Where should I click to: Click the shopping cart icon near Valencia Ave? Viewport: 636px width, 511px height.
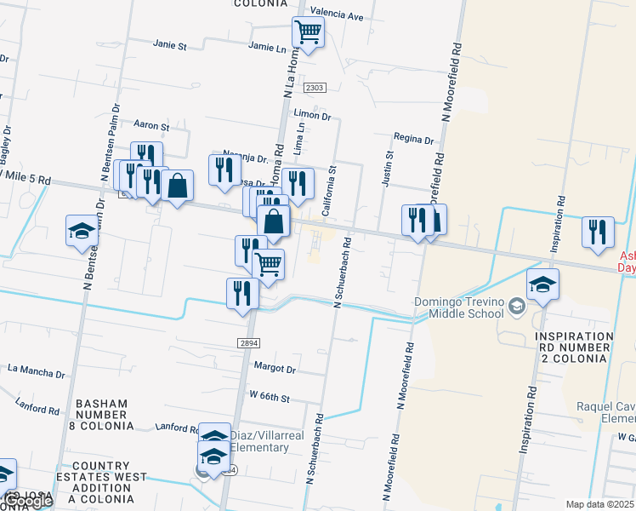click(308, 33)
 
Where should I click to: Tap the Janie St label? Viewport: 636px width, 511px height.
click(169, 45)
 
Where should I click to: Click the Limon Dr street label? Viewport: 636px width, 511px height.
click(311, 114)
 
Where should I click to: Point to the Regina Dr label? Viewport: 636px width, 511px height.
click(413, 139)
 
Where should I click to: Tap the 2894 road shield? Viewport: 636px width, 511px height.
click(248, 342)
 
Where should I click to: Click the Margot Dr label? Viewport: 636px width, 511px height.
click(275, 369)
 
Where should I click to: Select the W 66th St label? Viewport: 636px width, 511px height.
click(270, 398)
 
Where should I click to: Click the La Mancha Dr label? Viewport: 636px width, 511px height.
click(36, 372)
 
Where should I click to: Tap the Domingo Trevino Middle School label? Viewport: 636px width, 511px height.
click(460, 307)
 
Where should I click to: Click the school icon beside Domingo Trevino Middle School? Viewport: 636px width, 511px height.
click(542, 285)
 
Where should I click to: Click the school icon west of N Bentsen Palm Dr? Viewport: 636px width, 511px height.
click(82, 230)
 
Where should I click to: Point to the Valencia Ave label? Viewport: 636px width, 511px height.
click(337, 15)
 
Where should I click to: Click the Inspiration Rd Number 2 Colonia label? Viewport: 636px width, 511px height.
click(574, 347)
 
